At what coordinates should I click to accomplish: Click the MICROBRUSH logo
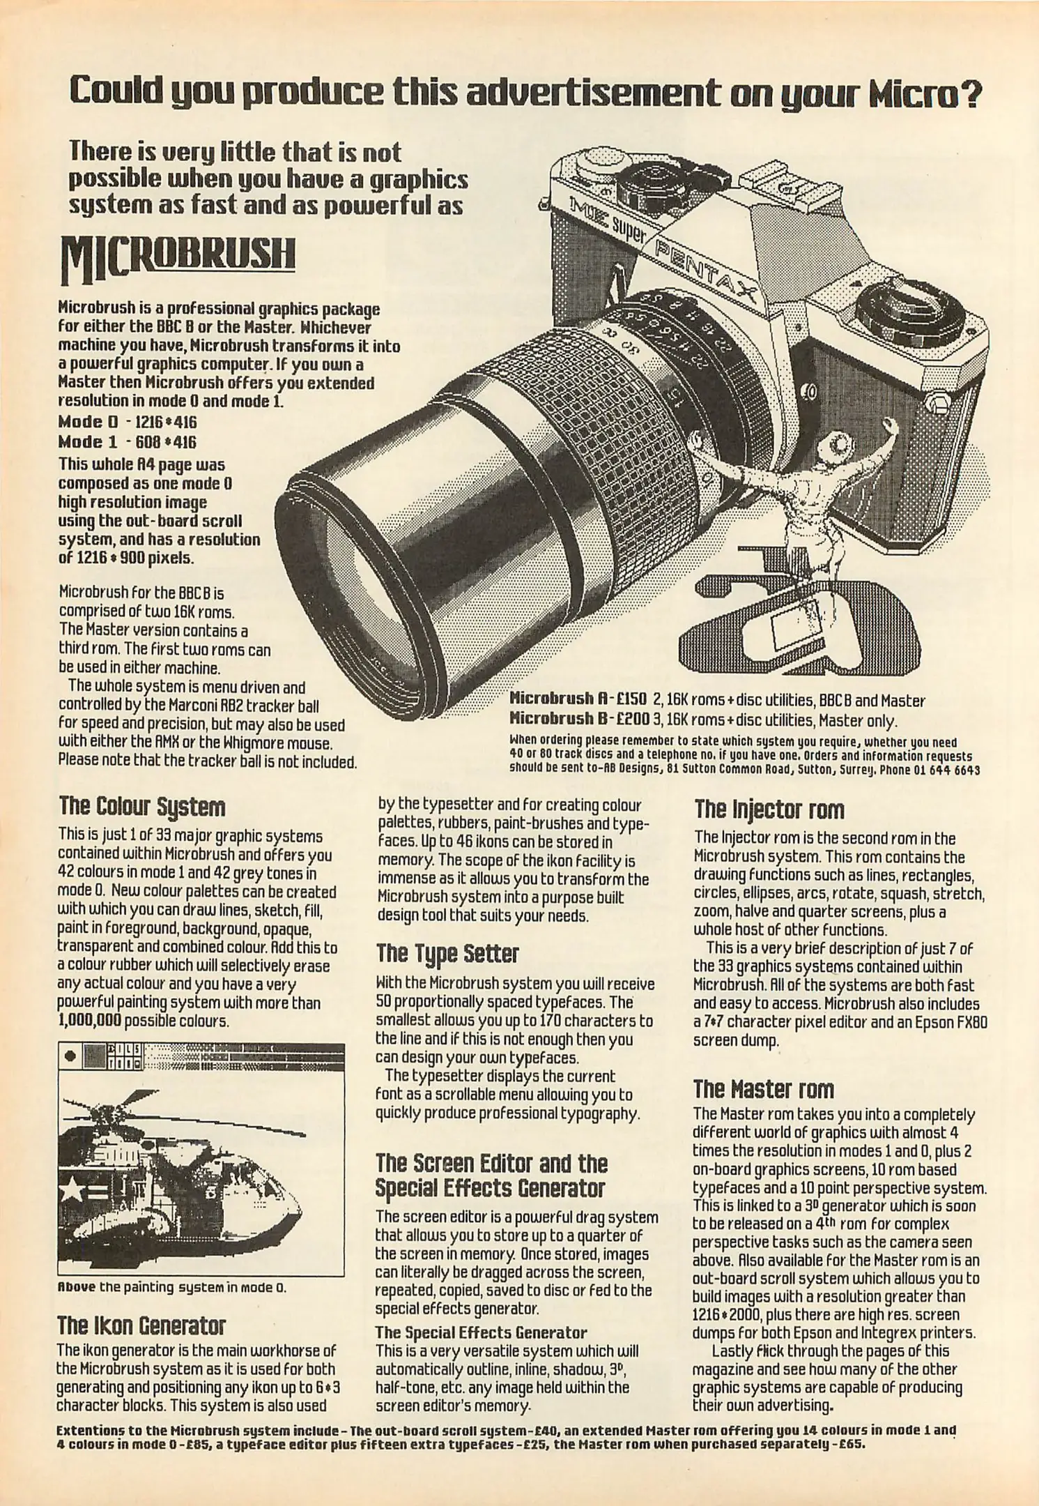click(178, 259)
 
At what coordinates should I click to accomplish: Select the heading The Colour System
click(142, 807)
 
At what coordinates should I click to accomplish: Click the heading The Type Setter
click(447, 954)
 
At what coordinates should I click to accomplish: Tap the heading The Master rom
click(763, 1089)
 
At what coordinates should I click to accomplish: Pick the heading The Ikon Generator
click(141, 1325)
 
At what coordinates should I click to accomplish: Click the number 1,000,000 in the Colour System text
click(89, 1021)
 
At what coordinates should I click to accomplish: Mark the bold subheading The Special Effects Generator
click(481, 1333)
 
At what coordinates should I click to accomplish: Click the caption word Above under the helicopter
click(76, 1286)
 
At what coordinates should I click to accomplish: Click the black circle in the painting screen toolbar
click(70, 1056)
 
